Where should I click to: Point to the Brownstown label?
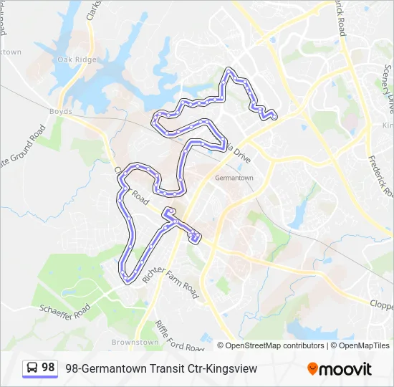(135, 343)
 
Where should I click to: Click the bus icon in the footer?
(32, 368)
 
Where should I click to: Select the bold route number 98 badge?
(48, 368)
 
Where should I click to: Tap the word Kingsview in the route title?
(231, 368)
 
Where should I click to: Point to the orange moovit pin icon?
(312, 369)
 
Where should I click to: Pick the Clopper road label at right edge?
(381, 304)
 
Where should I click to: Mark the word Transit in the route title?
(153, 368)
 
